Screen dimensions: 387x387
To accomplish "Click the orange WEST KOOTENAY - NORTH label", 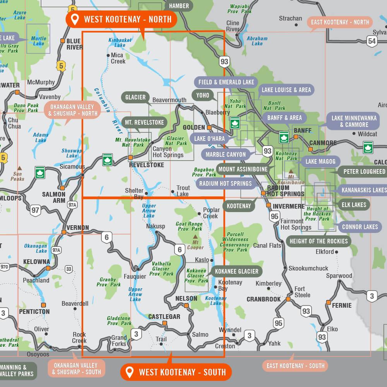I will [121, 19].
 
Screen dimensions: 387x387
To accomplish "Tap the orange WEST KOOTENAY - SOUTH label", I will [176, 372].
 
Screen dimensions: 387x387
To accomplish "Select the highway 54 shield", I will [372, 41].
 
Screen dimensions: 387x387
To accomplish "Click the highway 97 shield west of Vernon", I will [36, 210].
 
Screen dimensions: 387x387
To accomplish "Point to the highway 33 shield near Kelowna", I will [69, 269].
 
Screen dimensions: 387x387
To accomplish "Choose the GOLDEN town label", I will [193, 127].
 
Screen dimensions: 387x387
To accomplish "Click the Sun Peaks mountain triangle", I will [19, 168].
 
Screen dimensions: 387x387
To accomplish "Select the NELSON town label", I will [186, 298].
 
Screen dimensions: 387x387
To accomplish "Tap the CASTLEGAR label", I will [164, 317].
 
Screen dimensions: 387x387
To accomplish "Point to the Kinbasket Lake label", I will [120, 42].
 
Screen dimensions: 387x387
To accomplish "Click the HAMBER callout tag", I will [179, 6].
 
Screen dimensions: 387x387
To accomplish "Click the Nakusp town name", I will [156, 226].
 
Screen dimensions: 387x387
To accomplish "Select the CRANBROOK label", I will [264, 299].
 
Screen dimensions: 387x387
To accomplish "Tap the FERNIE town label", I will [342, 305].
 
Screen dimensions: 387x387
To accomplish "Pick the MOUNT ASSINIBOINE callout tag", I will [243, 169].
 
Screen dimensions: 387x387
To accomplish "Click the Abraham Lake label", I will [257, 41].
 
